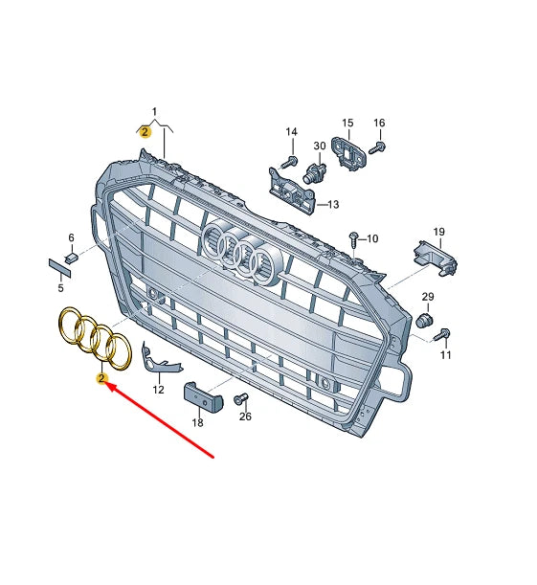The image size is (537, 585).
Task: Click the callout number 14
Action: pos(292,131)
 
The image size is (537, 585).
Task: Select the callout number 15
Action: pos(347,123)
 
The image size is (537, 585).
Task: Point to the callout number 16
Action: pos(379,123)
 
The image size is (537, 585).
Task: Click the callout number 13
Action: pos(334,204)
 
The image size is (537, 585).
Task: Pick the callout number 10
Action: pos(372,238)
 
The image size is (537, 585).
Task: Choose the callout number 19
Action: pos(439,232)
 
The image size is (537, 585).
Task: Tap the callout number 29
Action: pos(428,297)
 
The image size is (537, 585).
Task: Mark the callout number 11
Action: pos(445,355)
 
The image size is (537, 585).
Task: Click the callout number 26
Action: pos(246,416)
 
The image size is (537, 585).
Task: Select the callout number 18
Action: pos(198,422)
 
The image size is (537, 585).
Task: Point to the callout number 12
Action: pos(158,390)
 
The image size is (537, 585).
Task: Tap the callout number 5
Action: pos(59,287)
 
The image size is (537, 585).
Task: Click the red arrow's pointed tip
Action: pos(106,386)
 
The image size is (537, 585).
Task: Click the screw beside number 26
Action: pos(240,398)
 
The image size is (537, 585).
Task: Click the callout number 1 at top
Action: pos(155,113)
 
